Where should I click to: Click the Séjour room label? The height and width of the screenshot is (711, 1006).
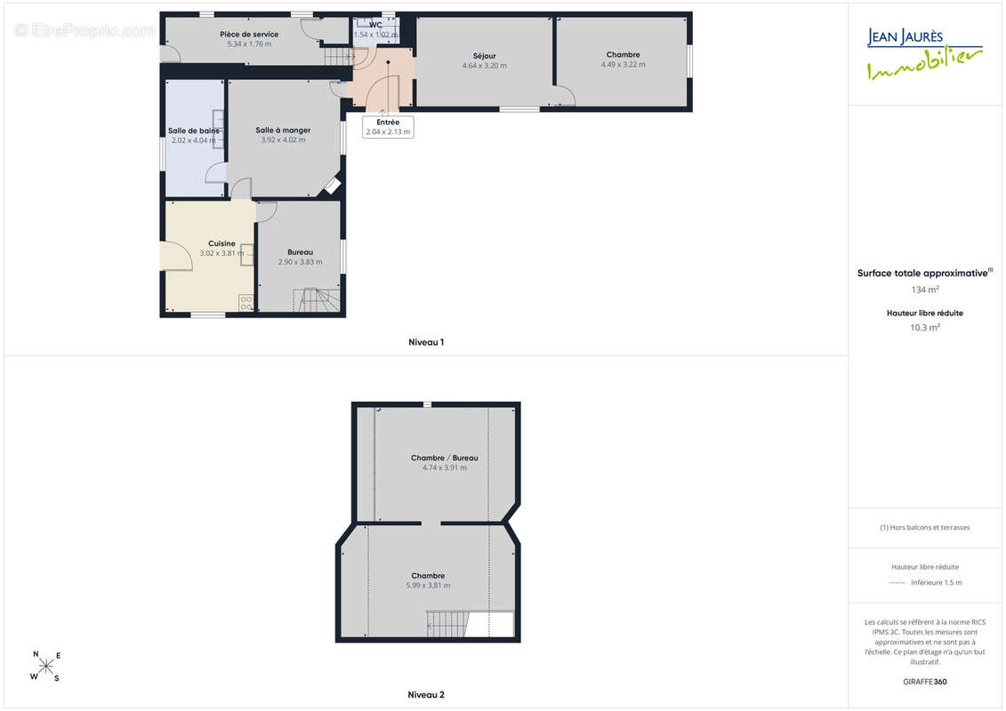click(x=485, y=56)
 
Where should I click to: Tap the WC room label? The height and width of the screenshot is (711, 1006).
click(x=375, y=25)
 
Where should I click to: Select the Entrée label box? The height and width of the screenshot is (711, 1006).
click(x=388, y=127)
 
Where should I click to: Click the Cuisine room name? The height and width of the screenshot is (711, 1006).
click(x=221, y=244)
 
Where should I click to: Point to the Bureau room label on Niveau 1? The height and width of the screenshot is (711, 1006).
click(x=301, y=252)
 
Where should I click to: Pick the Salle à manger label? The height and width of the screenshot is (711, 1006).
click(x=283, y=130)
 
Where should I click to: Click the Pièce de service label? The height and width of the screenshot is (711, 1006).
click(x=249, y=34)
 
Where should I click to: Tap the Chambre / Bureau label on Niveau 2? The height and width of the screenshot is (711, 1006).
click(x=445, y=458)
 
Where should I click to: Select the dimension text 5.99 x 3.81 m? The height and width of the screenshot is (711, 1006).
click(x=428, y=586)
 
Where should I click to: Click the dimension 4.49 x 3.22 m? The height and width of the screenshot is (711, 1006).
click(x=623, y=65)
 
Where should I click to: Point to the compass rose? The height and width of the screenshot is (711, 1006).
click(x=45, y=667)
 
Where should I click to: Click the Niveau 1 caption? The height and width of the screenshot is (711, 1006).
click(x=426, y=342)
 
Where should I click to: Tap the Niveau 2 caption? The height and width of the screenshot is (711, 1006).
click(x=426, y=694)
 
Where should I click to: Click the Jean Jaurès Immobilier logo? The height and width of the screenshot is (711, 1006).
click(x=924, y=54)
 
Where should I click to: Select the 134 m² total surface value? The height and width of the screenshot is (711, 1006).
click(x=925, y=290)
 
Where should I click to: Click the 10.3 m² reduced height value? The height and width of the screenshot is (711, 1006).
click(x=925, y=328)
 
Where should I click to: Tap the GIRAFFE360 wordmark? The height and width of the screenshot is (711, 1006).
click(x=924, y=682)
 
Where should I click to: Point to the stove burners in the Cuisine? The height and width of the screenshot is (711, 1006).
click(x=246, y=303)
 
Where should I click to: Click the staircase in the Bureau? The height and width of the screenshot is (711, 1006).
click(x=317, y=300)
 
